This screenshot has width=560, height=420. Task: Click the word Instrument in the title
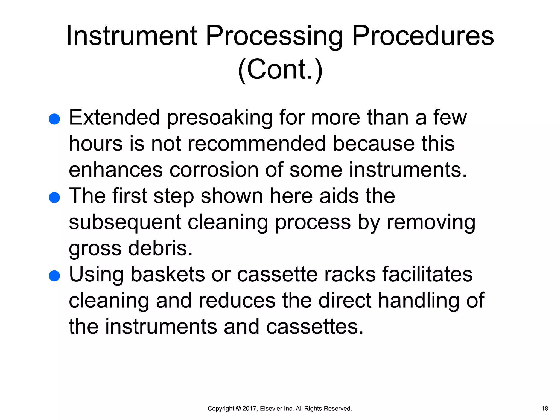(131, 36)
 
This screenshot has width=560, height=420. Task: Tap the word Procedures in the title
(423, 36)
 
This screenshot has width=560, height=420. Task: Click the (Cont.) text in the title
(280, 69)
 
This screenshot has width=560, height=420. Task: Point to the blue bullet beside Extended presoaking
(54, 119)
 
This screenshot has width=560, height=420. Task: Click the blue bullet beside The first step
(54, 197)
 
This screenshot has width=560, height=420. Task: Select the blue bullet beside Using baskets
(54, 276)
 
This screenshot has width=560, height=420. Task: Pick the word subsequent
(125, 222)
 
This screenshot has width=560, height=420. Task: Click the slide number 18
(544, 409)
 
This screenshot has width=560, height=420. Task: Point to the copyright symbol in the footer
(238, 409)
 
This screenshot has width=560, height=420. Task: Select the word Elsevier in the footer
(273, 409)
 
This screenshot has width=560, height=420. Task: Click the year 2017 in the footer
(249, 409)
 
